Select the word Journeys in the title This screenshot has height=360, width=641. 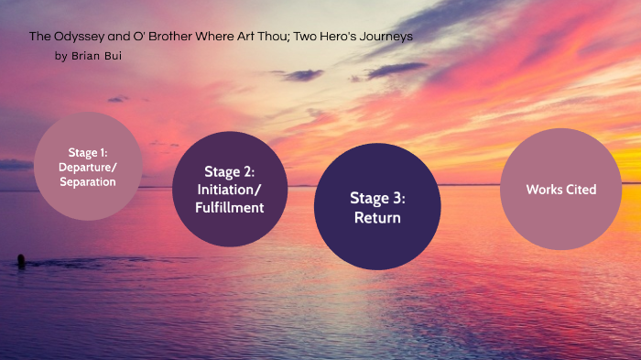click(x=386, y=37)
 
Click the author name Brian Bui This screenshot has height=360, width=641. click(x=97, y=57)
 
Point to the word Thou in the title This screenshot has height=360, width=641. click(x=269, y=37)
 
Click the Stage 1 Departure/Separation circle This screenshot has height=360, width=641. click(x=88, y=167)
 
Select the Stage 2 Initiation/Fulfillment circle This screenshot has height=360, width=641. click(x=231, y=189)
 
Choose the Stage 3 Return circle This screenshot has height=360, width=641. click(x=377, y=207)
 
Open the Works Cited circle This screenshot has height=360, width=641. click(x=561, y=190)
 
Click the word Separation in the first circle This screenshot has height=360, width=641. click(x=88, y=181)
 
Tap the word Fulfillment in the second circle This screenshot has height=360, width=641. click(x=231, y=207)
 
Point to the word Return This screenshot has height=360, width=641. click(x=377, y=218)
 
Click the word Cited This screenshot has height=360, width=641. click(x=580, y=190)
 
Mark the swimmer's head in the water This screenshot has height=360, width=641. click(x=20, y=259)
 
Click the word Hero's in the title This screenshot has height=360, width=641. click(x=337, y=37)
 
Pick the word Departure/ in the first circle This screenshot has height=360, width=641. click(x=88, y=167)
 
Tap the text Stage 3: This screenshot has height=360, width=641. click(x=377, y=197)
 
